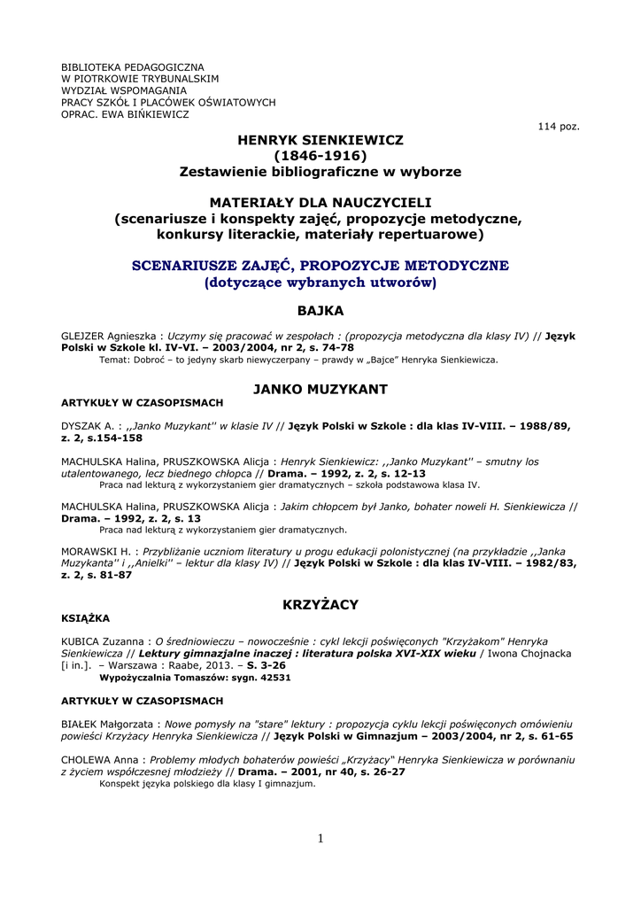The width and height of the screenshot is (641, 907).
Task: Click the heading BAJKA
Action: [x=320, y=311]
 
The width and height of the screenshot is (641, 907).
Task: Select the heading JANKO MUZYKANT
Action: [x=320, y=389]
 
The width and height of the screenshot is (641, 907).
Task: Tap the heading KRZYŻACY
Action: [x=320, y=604]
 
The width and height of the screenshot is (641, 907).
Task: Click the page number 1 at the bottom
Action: [x=320, y=839]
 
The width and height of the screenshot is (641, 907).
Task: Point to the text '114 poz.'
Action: [x=559, y=127]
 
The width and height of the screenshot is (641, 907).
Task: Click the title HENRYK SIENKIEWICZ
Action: [x=320, y=140]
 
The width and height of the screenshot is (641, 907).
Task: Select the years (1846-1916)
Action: [x=320, y=156]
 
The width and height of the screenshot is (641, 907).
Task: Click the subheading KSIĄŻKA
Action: [x=85, y=618]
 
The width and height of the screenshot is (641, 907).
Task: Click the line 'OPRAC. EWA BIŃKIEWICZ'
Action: [x=125, y=114]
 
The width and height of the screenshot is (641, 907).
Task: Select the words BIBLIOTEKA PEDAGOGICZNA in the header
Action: [x=132, y=67]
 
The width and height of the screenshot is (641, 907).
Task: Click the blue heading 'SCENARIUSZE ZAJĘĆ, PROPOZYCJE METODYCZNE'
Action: [x=320, y=266]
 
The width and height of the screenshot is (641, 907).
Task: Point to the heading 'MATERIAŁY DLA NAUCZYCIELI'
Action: [x=320, y=203]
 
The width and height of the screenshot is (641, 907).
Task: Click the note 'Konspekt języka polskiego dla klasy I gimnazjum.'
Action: [x=207, y=783]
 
